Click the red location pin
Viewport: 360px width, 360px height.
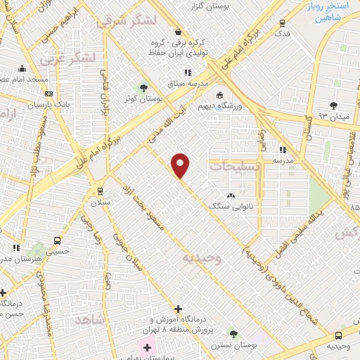[x=181, y=165]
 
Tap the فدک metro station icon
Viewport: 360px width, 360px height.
[x=282, y=23]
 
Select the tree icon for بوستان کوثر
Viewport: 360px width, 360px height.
[x=144, y=88]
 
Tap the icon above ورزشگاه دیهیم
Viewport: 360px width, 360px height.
[x=219, y=95]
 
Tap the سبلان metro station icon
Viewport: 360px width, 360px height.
[x=99, y=191]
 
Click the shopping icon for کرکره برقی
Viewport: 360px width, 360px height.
[x=177, y=32]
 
